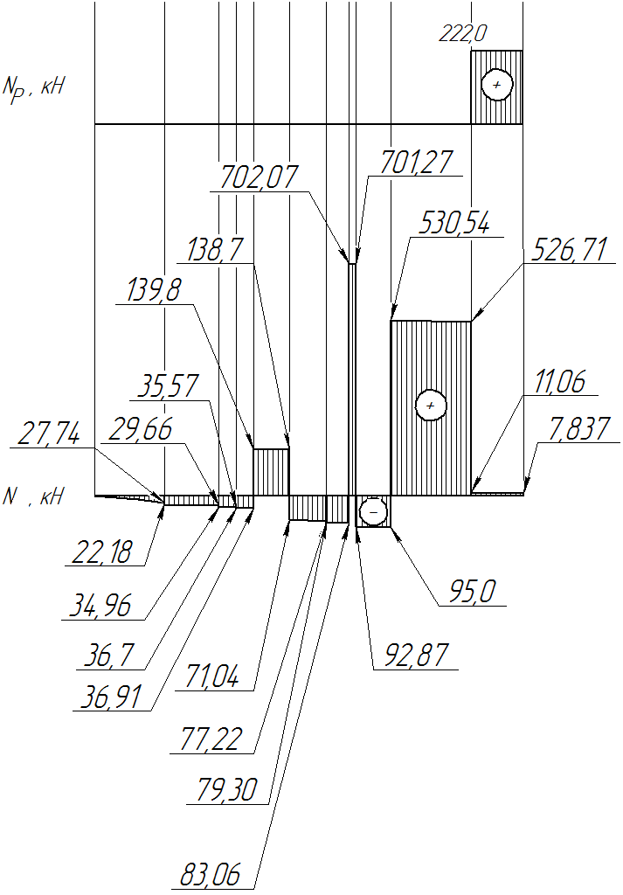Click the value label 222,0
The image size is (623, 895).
coord(463,34)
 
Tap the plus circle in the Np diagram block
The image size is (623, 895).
coord(497,85)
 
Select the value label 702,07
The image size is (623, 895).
coord(259,177)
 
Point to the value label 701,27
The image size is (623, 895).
coord(417,162)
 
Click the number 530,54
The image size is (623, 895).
coord(454,223)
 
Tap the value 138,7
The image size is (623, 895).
coord(215,249)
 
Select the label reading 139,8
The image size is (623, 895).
coord(153,289)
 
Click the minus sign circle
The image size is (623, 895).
coord(374,512)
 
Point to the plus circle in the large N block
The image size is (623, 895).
coord(431,406)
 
